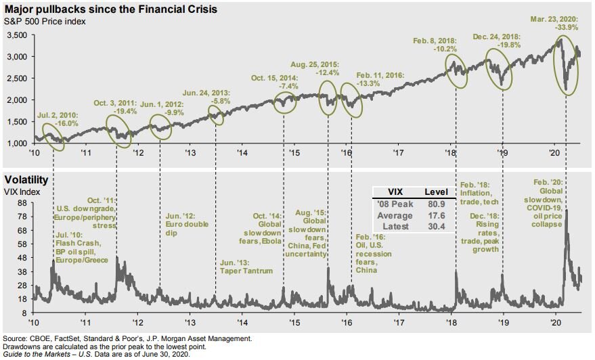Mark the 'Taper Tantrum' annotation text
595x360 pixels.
click(x=247, y=271)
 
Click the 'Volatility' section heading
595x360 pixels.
click(x=26, y=181)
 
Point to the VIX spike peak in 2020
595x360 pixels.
click(x=565, y=211)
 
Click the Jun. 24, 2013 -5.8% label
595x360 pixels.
click(x=207, y=96)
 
